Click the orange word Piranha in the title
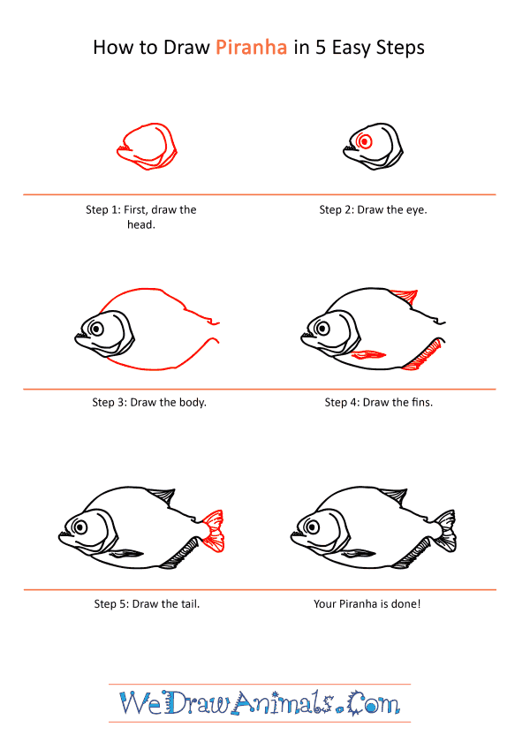(251, 48)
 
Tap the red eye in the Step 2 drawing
(365, 141)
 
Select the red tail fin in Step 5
(213, 531)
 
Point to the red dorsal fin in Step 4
(405, 296)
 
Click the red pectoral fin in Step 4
(368, 354)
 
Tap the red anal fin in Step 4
(422, 355)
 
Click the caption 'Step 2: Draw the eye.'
(373, 209)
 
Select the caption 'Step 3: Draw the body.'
(149, 402)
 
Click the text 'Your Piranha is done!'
(367, 603)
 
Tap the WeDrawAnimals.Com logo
(260, 702)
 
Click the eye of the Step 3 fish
(96, 329)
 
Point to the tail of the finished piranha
(444, 531)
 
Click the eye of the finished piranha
(313, 527)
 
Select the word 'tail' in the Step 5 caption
(189, 603)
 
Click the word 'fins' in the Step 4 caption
(421, 402)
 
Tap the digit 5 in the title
(320, 48)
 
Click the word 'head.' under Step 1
(141, 224)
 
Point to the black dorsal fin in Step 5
(161, 496)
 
